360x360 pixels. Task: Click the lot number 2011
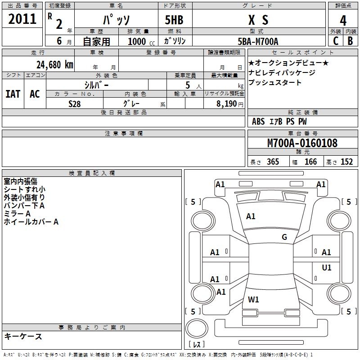coord(22,19)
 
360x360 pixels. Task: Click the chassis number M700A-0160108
coord(302,143)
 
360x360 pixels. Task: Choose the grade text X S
coord(258,20)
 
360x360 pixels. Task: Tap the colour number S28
coord(75,103)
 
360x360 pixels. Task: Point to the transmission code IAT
coord(13,94)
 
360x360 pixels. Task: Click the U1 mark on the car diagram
coord(327,268)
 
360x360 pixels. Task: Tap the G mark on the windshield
coord(284,237)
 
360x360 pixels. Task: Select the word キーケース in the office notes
coord(23,336)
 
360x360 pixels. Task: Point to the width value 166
coord(310,162)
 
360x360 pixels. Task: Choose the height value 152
coord(346,162)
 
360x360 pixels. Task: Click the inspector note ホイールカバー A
coord(31,222)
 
